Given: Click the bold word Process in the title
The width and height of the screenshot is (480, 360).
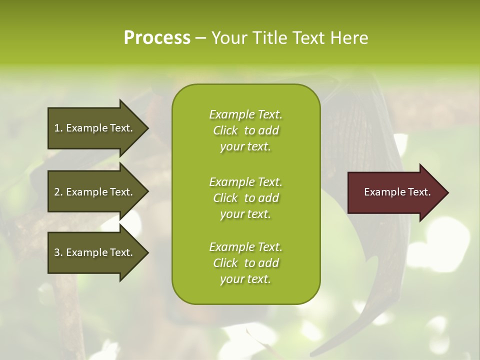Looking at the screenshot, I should coord(157,38).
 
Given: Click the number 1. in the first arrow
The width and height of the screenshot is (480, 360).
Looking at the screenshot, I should coord(58,128).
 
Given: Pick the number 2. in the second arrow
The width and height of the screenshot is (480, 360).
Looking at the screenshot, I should coord(58,192).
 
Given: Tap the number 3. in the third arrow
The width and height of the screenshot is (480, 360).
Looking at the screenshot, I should coord(58,252).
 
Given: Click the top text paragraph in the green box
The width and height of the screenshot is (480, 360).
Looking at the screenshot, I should coord(246,130).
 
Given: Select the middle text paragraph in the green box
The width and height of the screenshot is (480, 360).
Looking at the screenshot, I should coord(246,198).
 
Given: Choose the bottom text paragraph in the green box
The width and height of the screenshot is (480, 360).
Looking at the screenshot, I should coord(246,263).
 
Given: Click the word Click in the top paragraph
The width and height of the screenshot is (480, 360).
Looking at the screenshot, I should coord(225,130).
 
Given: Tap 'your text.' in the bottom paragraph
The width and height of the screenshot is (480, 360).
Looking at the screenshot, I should coord(245,279).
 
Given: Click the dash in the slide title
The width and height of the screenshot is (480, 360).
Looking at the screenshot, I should coord(201,38).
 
